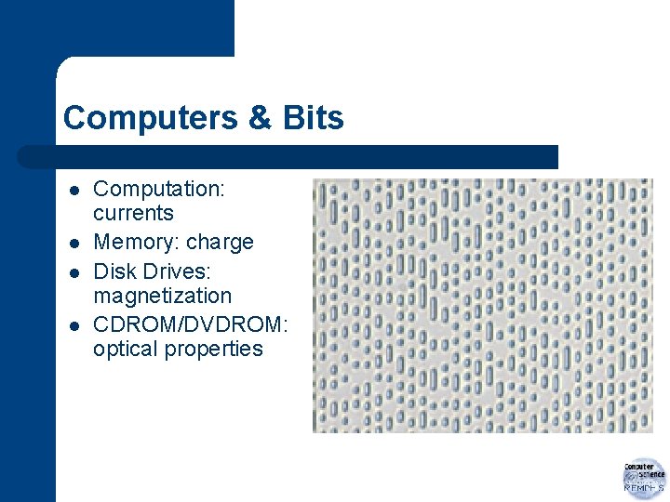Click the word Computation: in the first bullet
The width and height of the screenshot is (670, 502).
pos(159,189)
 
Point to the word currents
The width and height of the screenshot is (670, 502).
pos(133,213)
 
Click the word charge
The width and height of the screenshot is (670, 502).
pos(220,243)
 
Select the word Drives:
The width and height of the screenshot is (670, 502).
pos(185,271)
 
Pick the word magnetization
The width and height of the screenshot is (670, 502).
pos(162,296)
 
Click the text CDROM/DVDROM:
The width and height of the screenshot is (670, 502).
pos(191,325)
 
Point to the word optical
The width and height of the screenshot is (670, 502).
pos(126,350)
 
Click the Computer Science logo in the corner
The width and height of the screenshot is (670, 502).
pos(644,478)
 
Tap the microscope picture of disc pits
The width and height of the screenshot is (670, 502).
pos(483,306)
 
